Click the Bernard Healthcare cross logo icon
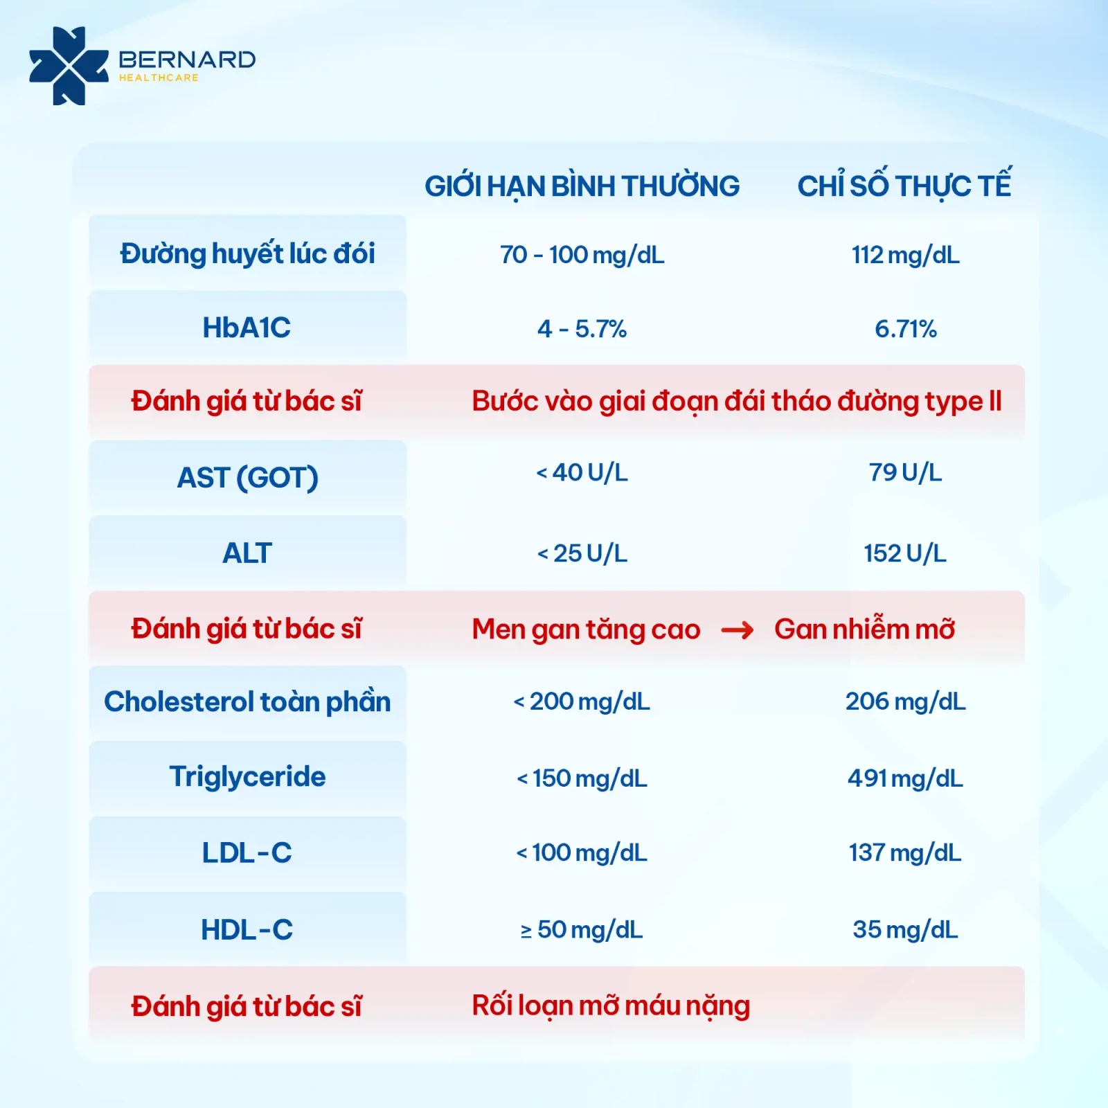(x=69, y=66)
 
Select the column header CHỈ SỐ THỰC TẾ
(x=904, y=185)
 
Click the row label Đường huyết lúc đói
(x=247, y=253)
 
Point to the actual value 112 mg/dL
(x=905, y=256)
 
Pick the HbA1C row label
(x=247, y=328)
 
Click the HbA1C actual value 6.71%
(x=906, y=329)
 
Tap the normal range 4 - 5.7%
(x=582, y=329)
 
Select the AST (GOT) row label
(x=247, y=478)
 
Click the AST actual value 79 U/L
(x=905, y=472)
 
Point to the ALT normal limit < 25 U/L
(x=582, y=553)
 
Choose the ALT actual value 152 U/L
(x=904, y=553)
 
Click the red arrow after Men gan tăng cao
(x=737, y=630)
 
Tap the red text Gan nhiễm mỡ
(x=864, y=628)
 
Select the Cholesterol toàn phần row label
(x=247, y=702)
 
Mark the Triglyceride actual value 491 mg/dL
(x=905, y=779)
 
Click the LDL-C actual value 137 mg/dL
(x=905, y=853)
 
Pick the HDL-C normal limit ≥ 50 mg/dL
(x=582, y=930)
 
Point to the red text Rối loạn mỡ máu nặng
(x=611, y=1006)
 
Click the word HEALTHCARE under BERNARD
(x=159, y=78)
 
